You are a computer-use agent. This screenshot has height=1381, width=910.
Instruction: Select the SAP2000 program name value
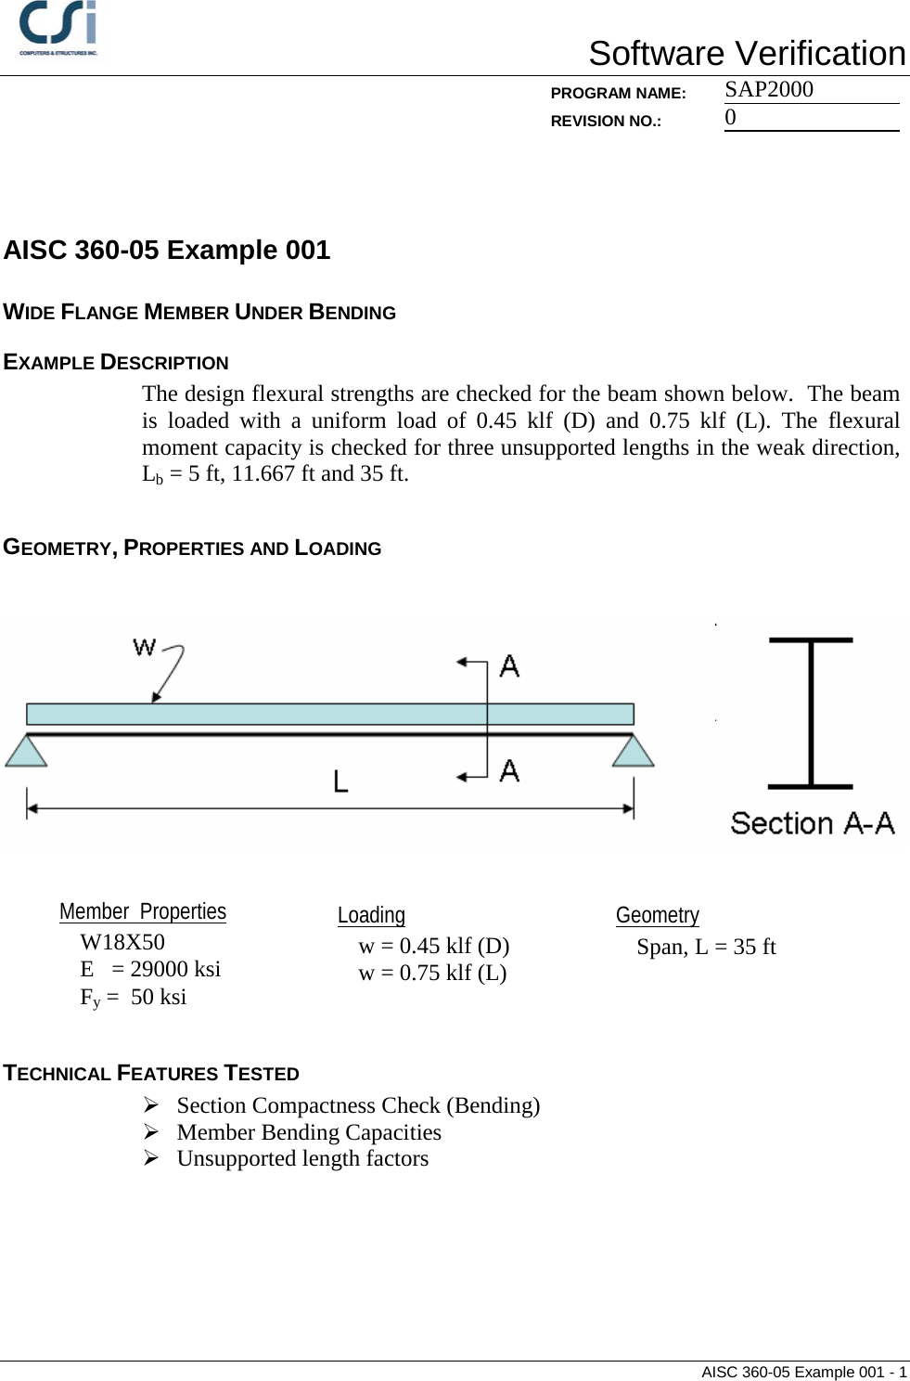(x=769, y=89)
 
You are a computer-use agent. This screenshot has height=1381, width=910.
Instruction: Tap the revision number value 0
(x=731, y=117)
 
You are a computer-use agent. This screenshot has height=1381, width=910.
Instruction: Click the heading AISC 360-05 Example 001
(x=167, y=250)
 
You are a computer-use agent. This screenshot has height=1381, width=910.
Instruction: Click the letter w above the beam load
(x=145, y=646)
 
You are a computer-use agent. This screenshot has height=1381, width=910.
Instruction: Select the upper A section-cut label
(x=509, y=665)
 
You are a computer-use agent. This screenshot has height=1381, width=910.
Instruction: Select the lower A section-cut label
(x=509, y=770)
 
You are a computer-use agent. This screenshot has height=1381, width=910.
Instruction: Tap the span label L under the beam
(x=340, y=782)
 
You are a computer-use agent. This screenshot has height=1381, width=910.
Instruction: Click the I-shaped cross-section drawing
(x=810, y=713)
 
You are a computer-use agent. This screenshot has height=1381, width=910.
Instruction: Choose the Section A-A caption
(x=812, y=823)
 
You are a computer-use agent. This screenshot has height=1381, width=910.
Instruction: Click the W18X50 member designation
(x=122, y=942)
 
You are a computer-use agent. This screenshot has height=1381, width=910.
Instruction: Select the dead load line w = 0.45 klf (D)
(x=434, y=946)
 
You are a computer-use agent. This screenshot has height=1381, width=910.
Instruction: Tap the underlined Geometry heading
(x=658, y=915)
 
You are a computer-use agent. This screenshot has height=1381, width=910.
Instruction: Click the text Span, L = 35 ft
(x=706, y=947)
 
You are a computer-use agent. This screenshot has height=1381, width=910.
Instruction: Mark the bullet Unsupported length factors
(x=302, y=1158)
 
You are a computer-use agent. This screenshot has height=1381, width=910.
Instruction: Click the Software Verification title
(x=747, y=54)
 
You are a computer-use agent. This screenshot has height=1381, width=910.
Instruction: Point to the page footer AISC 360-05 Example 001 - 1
(x=803, y=1372)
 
